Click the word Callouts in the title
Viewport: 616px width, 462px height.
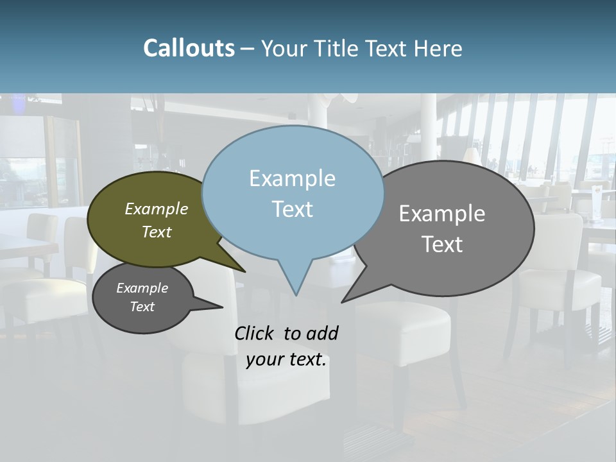pyautogui.click(x=189, y=48)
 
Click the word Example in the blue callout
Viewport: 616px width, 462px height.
pyautogui.click(x=292, y=178)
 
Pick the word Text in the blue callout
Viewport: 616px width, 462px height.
pyautogui.click(x=292, y=209)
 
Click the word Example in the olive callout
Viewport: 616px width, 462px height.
pyautogui.click(x=157, y=209)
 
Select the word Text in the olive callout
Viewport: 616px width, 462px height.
pyautogui.click(x=157, y=232)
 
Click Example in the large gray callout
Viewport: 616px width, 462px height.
pyautogui.click(x=442, y=214)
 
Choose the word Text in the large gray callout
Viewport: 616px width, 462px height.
pyautogui.click(x=442, y=244)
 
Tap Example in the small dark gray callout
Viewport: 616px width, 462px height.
pyautogui.click(x=142, y=288)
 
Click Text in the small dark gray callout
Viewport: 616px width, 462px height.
pyautogui.click(x=142, y=307)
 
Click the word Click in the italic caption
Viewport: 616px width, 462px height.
pyautogui.click(x=255, y=333)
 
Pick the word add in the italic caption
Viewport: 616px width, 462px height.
pyautogui.click(x=322, y=333)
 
